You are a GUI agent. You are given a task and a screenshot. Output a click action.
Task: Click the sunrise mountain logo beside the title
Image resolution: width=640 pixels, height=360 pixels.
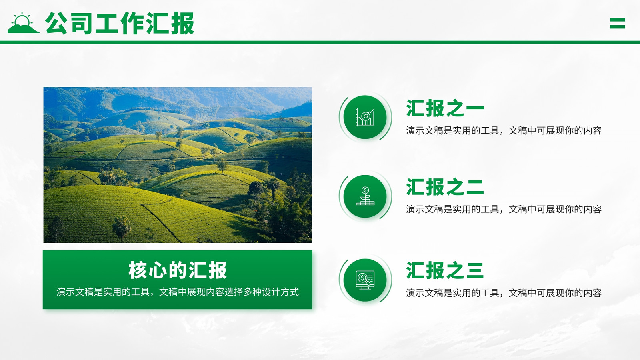23,23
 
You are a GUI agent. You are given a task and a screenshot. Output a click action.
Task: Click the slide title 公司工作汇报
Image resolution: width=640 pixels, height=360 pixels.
120,24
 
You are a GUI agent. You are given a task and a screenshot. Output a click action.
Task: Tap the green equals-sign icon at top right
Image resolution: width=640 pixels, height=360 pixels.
618,24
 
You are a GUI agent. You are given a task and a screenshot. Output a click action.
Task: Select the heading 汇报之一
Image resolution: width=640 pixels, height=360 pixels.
445,108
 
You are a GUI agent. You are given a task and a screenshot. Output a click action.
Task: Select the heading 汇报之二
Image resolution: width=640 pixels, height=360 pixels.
445,187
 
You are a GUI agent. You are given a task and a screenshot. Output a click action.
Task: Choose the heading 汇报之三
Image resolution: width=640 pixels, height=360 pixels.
445,270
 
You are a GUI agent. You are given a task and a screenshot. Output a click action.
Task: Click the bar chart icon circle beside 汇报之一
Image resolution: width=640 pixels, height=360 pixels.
365,117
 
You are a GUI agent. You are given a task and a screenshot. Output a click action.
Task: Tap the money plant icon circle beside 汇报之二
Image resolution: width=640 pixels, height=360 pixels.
365,196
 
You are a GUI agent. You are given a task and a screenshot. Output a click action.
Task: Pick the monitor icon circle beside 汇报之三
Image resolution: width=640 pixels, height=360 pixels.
365,280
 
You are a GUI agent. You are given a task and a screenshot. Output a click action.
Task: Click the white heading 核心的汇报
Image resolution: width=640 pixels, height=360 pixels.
178,270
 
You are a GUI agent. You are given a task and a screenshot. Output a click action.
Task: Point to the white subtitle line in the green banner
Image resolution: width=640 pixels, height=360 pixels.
178,292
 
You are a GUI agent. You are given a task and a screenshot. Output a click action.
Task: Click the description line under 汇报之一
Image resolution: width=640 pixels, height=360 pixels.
504,130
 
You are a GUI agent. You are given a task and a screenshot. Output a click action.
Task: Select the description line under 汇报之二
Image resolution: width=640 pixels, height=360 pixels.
504,210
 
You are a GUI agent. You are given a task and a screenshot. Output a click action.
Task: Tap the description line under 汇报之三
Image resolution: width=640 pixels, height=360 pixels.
504,293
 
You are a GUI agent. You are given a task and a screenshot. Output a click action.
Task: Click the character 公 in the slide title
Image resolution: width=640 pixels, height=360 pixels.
56,24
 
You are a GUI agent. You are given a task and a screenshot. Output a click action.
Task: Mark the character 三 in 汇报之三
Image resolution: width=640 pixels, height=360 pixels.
474,270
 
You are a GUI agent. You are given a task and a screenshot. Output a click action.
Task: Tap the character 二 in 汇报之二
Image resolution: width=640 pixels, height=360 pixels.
474,187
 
